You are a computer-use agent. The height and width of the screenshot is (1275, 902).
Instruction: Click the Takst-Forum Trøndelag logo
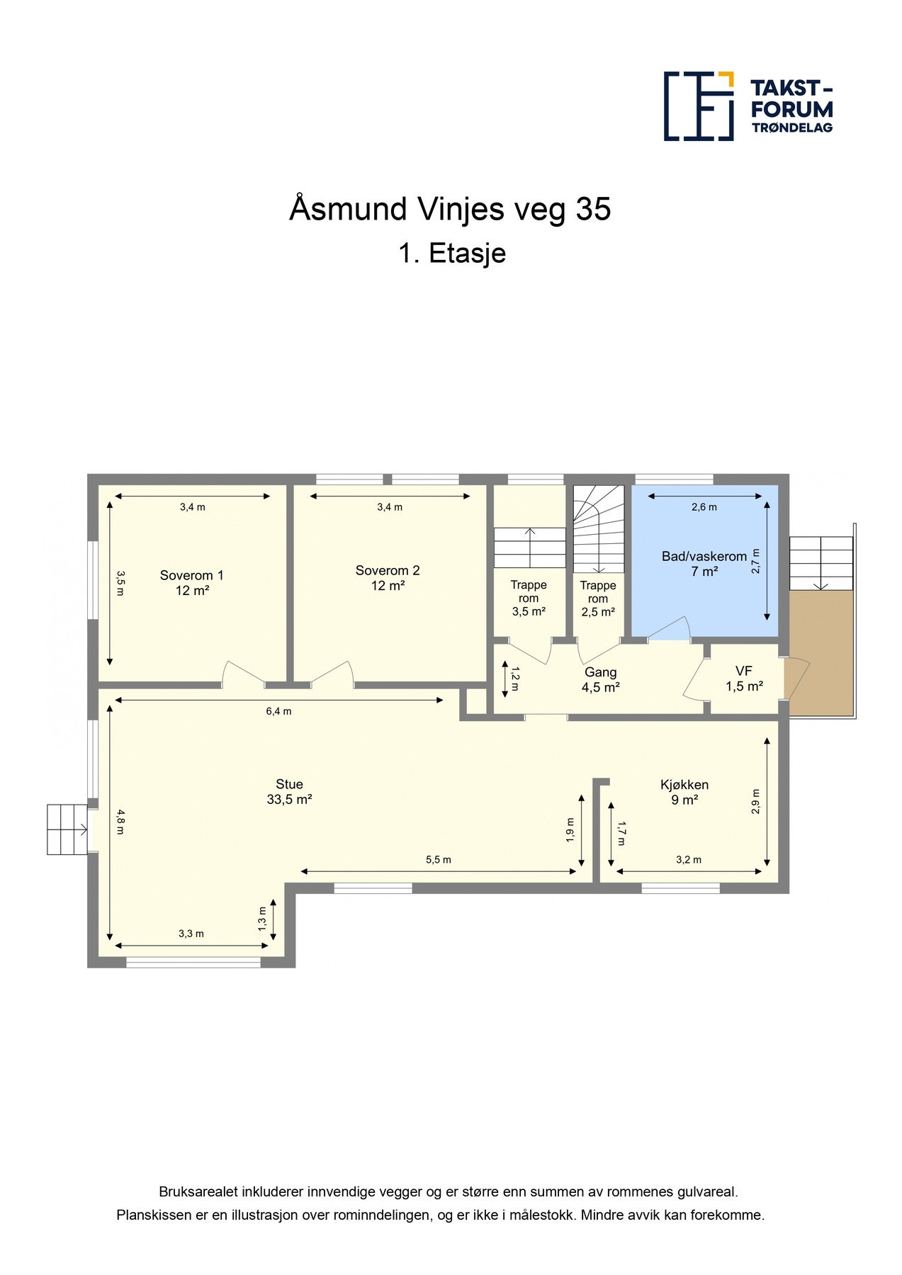pyautogui.click(x=748, y=106)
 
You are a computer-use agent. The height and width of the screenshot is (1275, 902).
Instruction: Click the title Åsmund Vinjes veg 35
pyautogui.click(x=450, y=210)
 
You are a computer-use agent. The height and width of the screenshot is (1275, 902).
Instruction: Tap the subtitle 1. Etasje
pyautogui.click(x=452, y=254)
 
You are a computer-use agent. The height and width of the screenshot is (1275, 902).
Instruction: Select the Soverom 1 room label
pyautogui.click(x=192, y=583)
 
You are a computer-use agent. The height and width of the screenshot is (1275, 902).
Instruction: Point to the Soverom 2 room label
pyautogui.click(x=388, y=578)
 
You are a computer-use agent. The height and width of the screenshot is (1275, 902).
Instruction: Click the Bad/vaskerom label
pyautogui.click(x=704, y=564)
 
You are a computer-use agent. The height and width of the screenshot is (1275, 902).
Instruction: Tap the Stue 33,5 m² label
pyautogui.click(x=289, y=792)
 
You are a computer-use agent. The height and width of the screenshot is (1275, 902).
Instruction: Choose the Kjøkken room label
pyautogui.click(x=684, y=792)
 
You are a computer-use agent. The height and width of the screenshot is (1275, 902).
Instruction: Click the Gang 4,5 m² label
pyautogui.click(x=600, y=679)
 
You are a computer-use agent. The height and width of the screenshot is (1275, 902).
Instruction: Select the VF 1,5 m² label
pyautogui.click(x=744, y=679)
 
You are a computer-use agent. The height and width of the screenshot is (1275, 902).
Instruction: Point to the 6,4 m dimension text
pyautogui.click(x=278, y=711)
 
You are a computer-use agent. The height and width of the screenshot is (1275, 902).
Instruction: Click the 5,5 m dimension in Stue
pyautogui.click(x=438, y=860)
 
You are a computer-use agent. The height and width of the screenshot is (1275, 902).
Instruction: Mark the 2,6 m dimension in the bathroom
pyautogui.click(x=704, y=507)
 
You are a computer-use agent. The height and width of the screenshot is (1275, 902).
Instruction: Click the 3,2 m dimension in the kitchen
pyautogui.click(x=689, y=860)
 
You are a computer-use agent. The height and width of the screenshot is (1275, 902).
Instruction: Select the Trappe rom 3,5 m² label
pyautogui.click(x=529, y=599)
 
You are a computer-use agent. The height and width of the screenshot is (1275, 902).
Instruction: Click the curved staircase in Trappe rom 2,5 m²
pyautogui.click(x=599, y=529)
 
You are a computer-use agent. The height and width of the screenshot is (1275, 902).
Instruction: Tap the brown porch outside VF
pyautogui.click(x=821, y=653)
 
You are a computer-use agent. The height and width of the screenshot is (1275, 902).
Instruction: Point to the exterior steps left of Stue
pyautogui.click(x=67, y=829)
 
